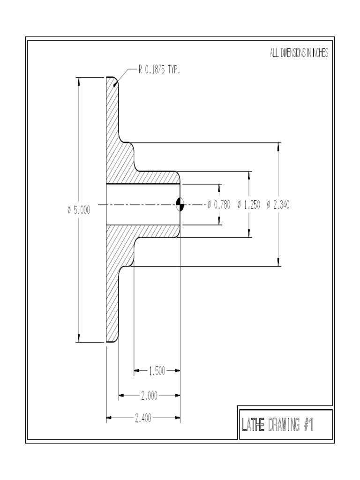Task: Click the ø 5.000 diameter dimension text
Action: [78, 210]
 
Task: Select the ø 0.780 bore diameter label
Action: [218, 204]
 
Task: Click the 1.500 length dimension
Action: [157, 371]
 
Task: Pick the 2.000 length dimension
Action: [149, 396]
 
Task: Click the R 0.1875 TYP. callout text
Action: [158, 70]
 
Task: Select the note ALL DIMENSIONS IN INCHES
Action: [299, 53]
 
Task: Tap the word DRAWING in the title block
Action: [284, 425]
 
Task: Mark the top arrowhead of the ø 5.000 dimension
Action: [78, 81]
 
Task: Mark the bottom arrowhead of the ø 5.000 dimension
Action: [78, 338]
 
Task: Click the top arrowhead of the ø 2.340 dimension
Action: [279, 147]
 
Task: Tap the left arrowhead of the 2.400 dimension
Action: [109, 417]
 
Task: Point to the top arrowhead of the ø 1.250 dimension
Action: [249, 175]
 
